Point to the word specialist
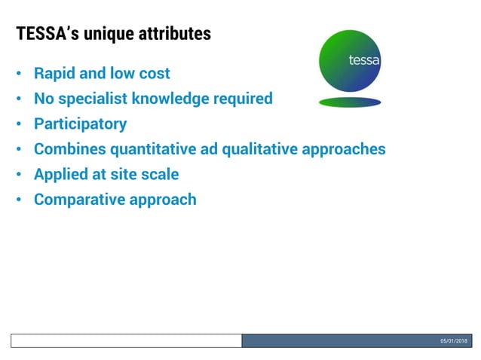[97, 99]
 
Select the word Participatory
[80, 124]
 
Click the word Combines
[66, 149]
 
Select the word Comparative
[78, 200]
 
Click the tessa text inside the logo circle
[364, 60]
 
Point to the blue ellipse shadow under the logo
[350, 102]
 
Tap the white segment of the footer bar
[126, 341]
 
